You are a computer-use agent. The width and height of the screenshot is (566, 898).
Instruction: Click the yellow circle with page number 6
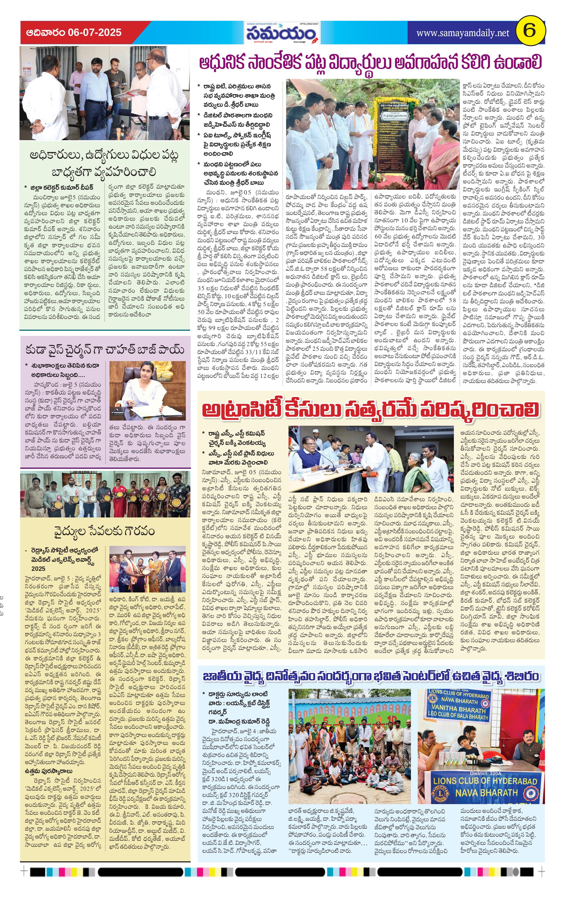530,31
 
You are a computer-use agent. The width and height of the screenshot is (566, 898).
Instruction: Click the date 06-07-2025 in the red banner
95,33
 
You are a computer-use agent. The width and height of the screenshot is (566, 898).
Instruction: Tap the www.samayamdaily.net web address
462,33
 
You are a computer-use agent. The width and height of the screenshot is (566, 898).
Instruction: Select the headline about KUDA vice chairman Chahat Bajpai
105,350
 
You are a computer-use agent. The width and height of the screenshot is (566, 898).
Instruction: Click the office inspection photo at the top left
105,93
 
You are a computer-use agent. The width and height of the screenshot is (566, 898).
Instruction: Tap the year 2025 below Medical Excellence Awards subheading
38,568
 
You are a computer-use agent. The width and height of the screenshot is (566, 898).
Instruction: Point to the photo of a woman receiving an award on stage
147,569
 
